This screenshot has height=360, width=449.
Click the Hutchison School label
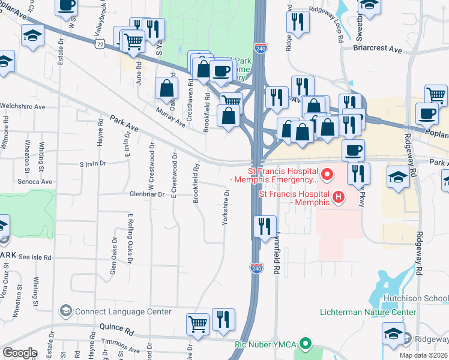pyautogui.click(x=418, y=298)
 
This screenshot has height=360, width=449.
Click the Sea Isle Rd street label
pyautogui.click(x=35, y=257)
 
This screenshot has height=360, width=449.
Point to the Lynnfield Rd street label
pyautogui.click(x=277, y=254)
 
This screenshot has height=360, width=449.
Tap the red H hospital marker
pyautogui.click(x=338, y=196)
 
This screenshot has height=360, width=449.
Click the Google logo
pyautogui.click(x=20, y=353)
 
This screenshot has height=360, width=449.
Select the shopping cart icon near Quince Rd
pyautogui.click(x=197, y=323)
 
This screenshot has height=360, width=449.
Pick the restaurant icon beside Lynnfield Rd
pyautogui.click(x=265, y=227)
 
